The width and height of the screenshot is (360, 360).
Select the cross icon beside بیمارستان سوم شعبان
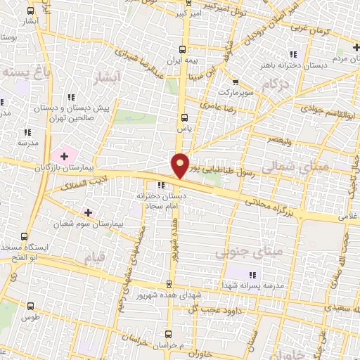88,212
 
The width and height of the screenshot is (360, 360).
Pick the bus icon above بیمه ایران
184,49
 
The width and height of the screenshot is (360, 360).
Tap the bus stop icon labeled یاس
184,117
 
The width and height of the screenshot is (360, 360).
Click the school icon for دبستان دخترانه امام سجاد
162,185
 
